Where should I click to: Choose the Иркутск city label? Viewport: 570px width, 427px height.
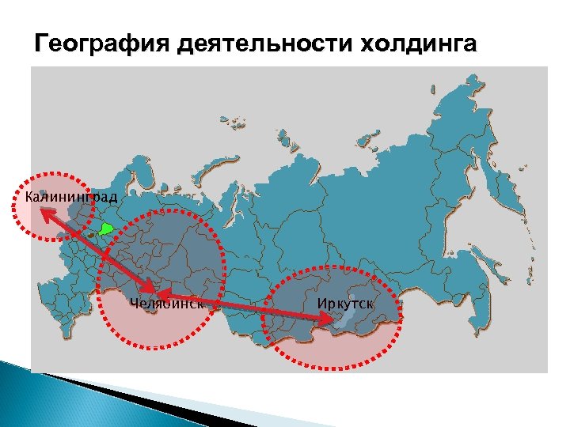[x=345, y=304]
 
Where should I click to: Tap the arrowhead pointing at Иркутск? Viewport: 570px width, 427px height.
[x=327, y=318]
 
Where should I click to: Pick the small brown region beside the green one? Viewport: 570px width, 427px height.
[x=93, y=234]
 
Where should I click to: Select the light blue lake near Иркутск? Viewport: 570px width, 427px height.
[x=343, y=316]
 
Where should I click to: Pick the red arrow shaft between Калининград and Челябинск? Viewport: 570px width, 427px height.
[x=95, y=249]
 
